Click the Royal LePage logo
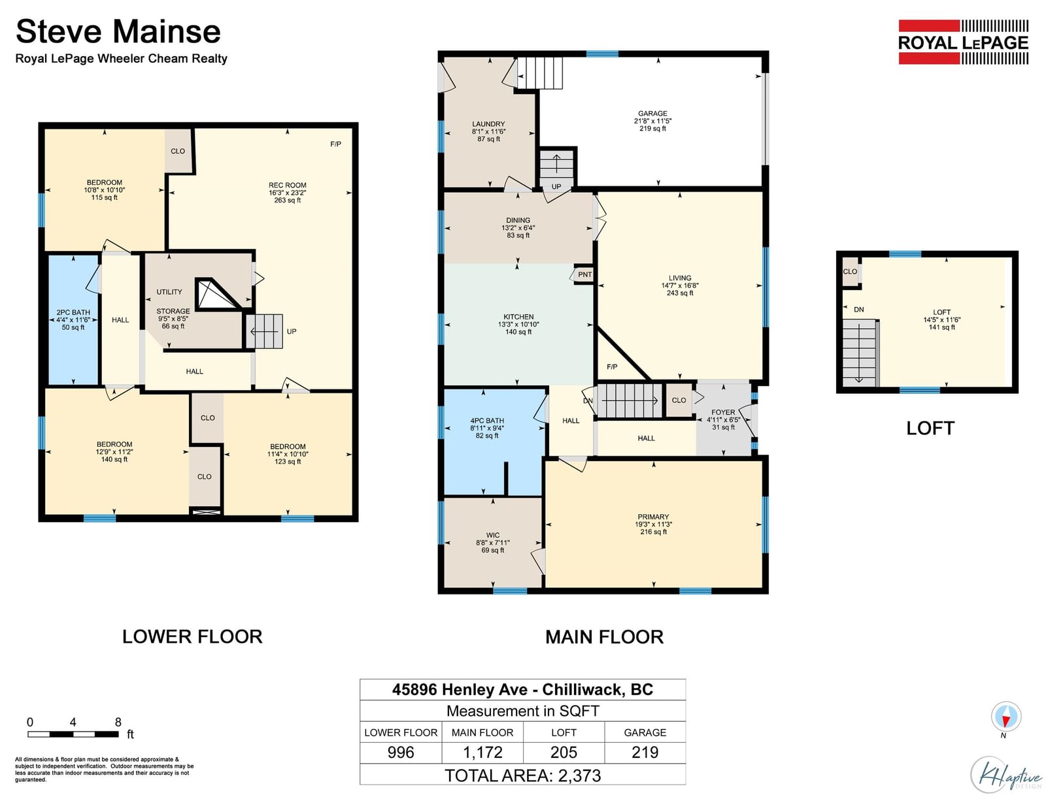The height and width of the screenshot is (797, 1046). pos(962,42)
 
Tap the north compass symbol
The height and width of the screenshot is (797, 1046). pos(1005,717)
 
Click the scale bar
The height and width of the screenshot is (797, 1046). pos(73,734)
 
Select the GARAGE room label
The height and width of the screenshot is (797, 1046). pos(652,113)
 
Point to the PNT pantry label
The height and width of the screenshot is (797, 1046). pos(584,274)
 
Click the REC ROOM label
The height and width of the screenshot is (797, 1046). pos(288,186)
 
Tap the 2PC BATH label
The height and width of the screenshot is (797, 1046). pos(73,312)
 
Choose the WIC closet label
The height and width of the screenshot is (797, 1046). pos(493,535)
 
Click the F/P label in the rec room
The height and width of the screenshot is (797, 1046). pos(335,144)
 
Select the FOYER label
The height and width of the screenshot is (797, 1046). pos(723,412)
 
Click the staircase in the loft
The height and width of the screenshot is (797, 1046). pos(860,353)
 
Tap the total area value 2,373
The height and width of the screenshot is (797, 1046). pos(579,775)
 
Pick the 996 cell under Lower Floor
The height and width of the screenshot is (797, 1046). pos(401,752)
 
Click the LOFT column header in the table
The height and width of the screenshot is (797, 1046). pos(564,732)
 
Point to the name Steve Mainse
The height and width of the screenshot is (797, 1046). pos(118,31)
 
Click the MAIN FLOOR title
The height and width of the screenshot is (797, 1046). pos(604,637)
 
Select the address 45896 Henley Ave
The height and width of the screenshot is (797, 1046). pos(460,689)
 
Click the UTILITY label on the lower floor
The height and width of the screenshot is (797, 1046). pos(169,292)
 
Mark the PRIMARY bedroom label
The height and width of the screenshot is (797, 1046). pos(653,517)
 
